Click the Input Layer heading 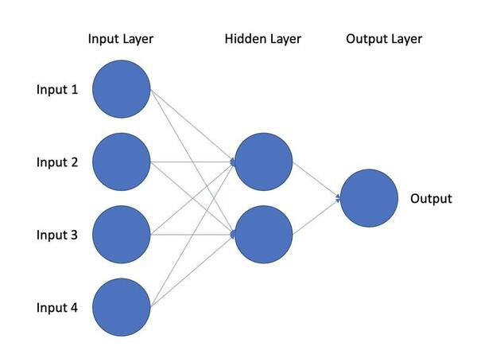coord(121,39)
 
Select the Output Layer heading coord(384,39)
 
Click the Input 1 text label coord(57,89)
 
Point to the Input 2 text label coord(57,162)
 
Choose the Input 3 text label coord(57,235)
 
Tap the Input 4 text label coord(57,307)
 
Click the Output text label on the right coord(430,199)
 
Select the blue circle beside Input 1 coord(122,89)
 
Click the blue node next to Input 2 coord(122,162)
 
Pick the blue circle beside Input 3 coord(122,235)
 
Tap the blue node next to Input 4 coord(122,307)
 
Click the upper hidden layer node coord(264,162)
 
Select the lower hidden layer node coord(264,235)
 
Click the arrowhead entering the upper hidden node coord(233,162)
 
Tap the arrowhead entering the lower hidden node coord(233,235)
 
